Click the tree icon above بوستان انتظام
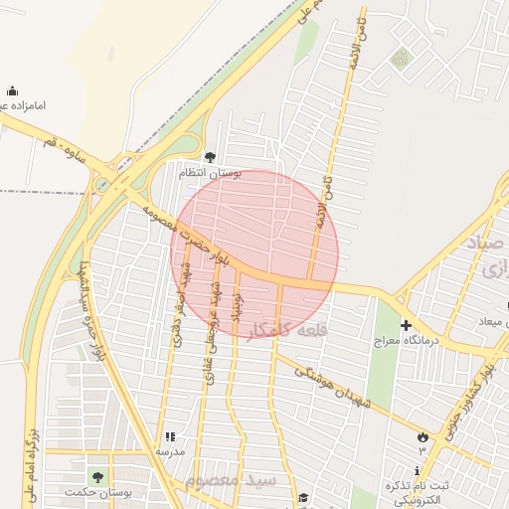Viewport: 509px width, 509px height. coord(209,157)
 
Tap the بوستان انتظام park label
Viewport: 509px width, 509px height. coord(209,173)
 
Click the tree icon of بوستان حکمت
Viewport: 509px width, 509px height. coord(96,477)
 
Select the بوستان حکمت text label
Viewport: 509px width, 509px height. coord(96,493)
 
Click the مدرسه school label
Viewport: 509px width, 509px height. coord(170,451)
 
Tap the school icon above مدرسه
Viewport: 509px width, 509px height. coord(170,436)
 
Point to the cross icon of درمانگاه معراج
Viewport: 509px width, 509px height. coord(406,325)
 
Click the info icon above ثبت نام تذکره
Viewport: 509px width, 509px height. coord(418,470)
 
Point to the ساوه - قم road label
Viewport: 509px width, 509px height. coord(67,145)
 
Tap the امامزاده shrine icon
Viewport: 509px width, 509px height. coord(12,91)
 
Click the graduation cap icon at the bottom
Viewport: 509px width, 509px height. coord(302,498)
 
